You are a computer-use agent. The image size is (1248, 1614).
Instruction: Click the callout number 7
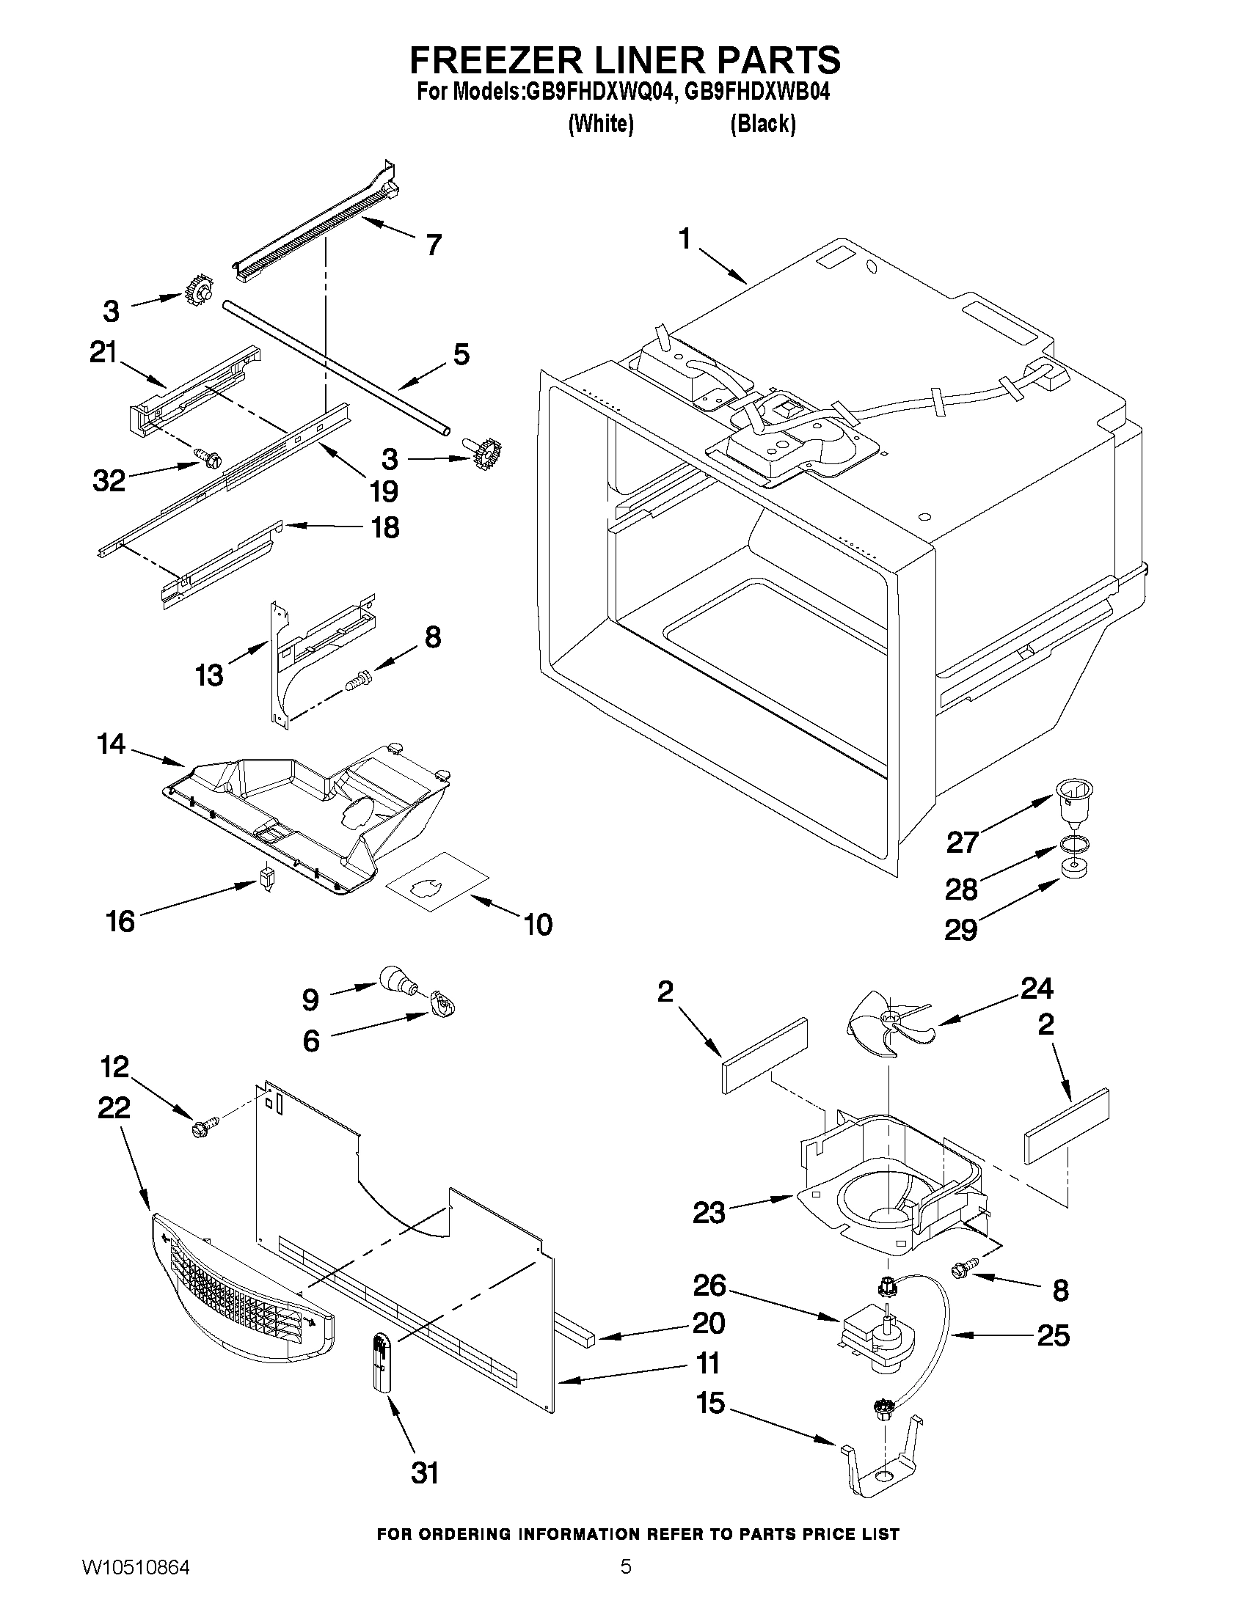[434, 244]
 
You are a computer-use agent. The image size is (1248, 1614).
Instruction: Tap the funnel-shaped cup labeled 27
[1071, 802]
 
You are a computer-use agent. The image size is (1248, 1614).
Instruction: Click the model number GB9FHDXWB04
[758, 92]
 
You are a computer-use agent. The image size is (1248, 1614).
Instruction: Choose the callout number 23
[708, 1212]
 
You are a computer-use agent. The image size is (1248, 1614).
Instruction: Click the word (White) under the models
[600, 123]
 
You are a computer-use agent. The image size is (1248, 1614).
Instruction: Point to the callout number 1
[685, 240]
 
